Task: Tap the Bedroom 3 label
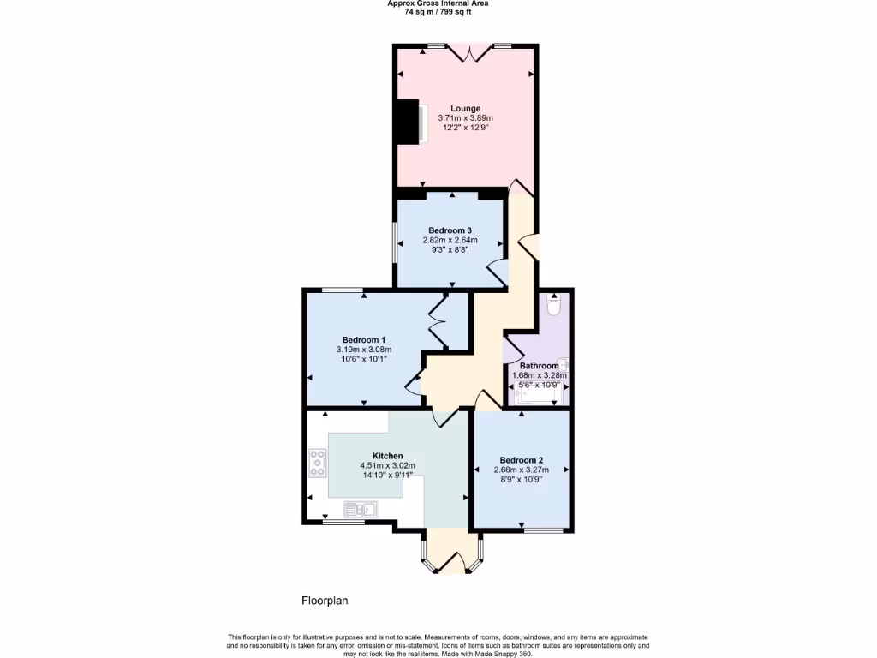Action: pyautogui.click(x=450, y=230)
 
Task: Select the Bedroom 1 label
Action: pyautogui.click(x=363, y=339)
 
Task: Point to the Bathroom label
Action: pyautogui.click(x=539, y=366)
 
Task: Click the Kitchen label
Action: pyautogui.click(x=387, y=456)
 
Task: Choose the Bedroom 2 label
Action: pyautogui.click(x=522, y=460)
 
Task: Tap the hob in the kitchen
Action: pyautogui.click(x=318, y=463)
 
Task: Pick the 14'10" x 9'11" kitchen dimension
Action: pyautogui.click(x=386, y=475)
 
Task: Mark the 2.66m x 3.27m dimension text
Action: pyautogui.click(x=522, y=470)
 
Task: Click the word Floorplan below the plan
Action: pyautogui.click(x=325, y=601)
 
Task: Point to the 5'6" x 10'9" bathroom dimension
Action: pyautogui.click(x=539, y=385)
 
